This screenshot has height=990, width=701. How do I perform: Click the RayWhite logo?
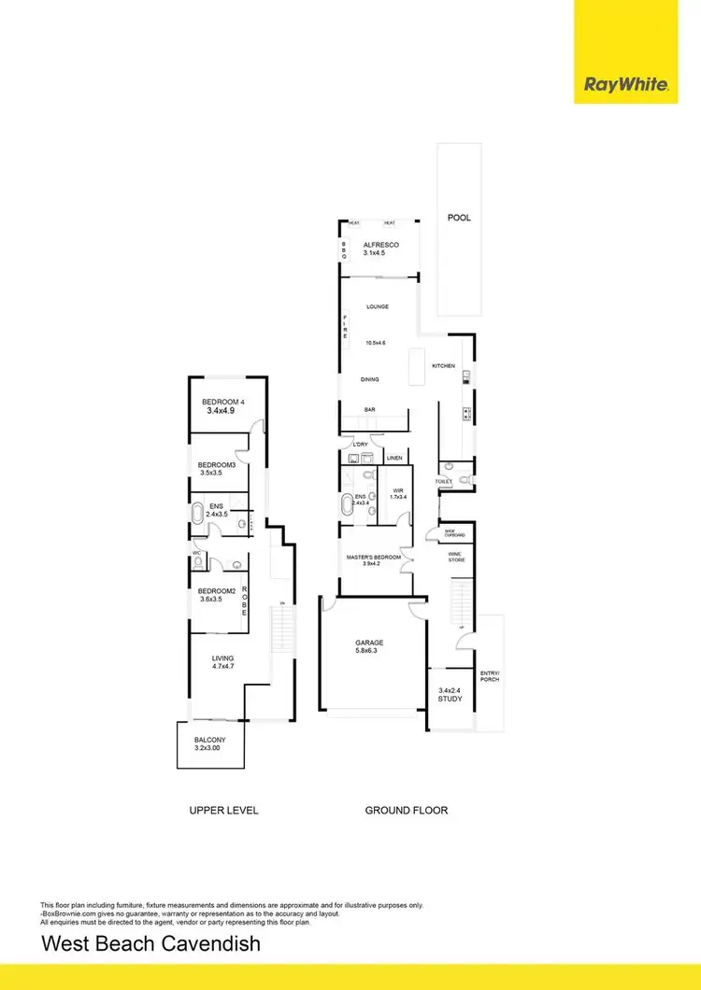click(626, 85)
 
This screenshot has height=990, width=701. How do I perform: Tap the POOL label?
click(459, 218)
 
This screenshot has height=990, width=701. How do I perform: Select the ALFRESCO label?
click(381, 245)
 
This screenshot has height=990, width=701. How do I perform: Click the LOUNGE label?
click(378, 306)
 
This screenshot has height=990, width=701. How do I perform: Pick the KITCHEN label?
click(443, 365)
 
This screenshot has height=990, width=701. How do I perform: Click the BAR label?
click(371, 410)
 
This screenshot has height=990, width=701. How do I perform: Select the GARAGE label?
click(369, 643)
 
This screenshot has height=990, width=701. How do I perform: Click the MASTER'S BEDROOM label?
click(374, 558)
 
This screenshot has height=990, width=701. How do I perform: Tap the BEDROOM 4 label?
click(222, 402)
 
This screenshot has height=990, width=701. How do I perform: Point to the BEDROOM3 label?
click(217, 465)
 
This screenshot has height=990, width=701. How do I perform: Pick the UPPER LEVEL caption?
click(223, 810)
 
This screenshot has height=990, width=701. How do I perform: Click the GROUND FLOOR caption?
click(406, 810)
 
